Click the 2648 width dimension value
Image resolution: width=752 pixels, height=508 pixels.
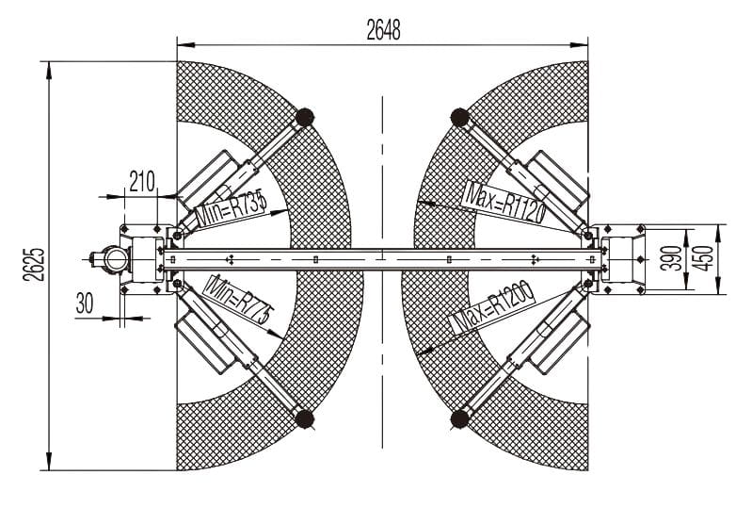(383, 30)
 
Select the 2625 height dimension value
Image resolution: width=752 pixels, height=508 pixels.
(34, 265)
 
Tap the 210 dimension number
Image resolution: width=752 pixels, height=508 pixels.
(142, 182)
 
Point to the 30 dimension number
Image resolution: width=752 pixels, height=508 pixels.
(85, 303)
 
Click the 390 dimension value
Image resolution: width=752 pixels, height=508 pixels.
(670, 257)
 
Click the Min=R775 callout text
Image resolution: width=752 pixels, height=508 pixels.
(239, 300)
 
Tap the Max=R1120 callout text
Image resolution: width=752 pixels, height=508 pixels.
(504, 202)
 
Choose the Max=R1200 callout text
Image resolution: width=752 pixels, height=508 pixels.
(493, 307)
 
